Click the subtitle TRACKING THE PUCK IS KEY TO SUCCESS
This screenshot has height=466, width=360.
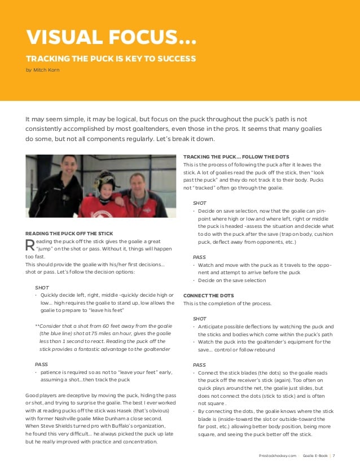tap(111, 59)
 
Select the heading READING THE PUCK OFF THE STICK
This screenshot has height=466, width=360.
tap(69, 234)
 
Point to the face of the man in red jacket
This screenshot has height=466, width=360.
tap(137, 184)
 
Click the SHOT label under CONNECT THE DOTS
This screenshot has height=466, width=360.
tap(199, 319)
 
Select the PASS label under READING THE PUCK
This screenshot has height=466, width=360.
tap(41, 364)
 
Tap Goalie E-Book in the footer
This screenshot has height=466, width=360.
tap(315, 456)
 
